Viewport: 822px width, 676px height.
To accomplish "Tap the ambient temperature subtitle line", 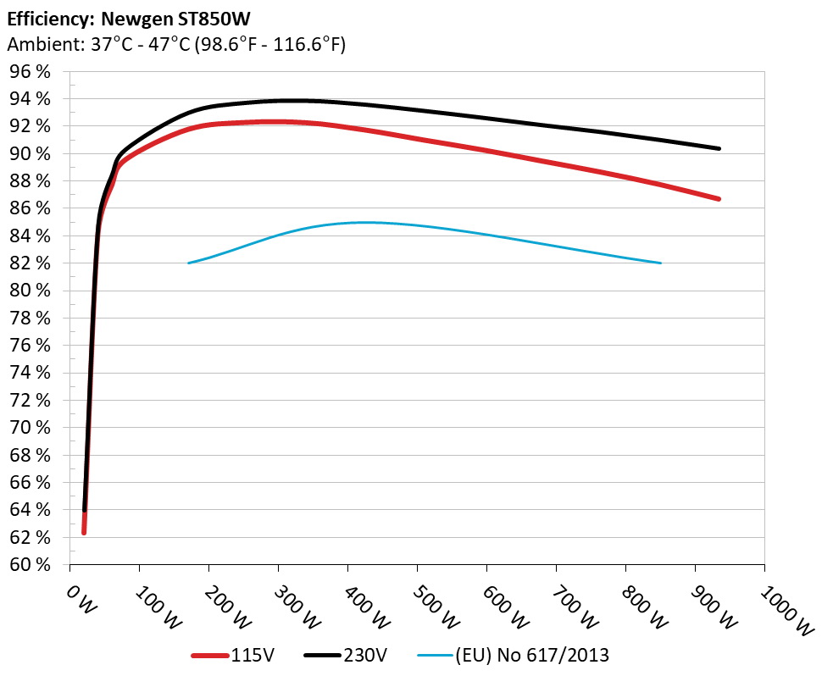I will tap(176, 45).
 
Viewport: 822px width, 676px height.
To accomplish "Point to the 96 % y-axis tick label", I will tap(31, 72).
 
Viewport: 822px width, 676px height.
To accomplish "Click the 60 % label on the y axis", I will tap(31, 564).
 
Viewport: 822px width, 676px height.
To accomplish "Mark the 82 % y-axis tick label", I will tap(31, 263).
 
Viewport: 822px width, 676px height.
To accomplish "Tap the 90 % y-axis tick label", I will tap(31, 153).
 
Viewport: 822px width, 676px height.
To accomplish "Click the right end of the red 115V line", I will tap(719, 199).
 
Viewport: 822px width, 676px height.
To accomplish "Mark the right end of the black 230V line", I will tap(719, 148).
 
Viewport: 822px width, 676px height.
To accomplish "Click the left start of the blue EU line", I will tap(189, 263).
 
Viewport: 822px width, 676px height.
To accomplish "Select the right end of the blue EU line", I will tap(660, 263).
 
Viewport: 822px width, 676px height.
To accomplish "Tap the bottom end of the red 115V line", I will tap(84, 532).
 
